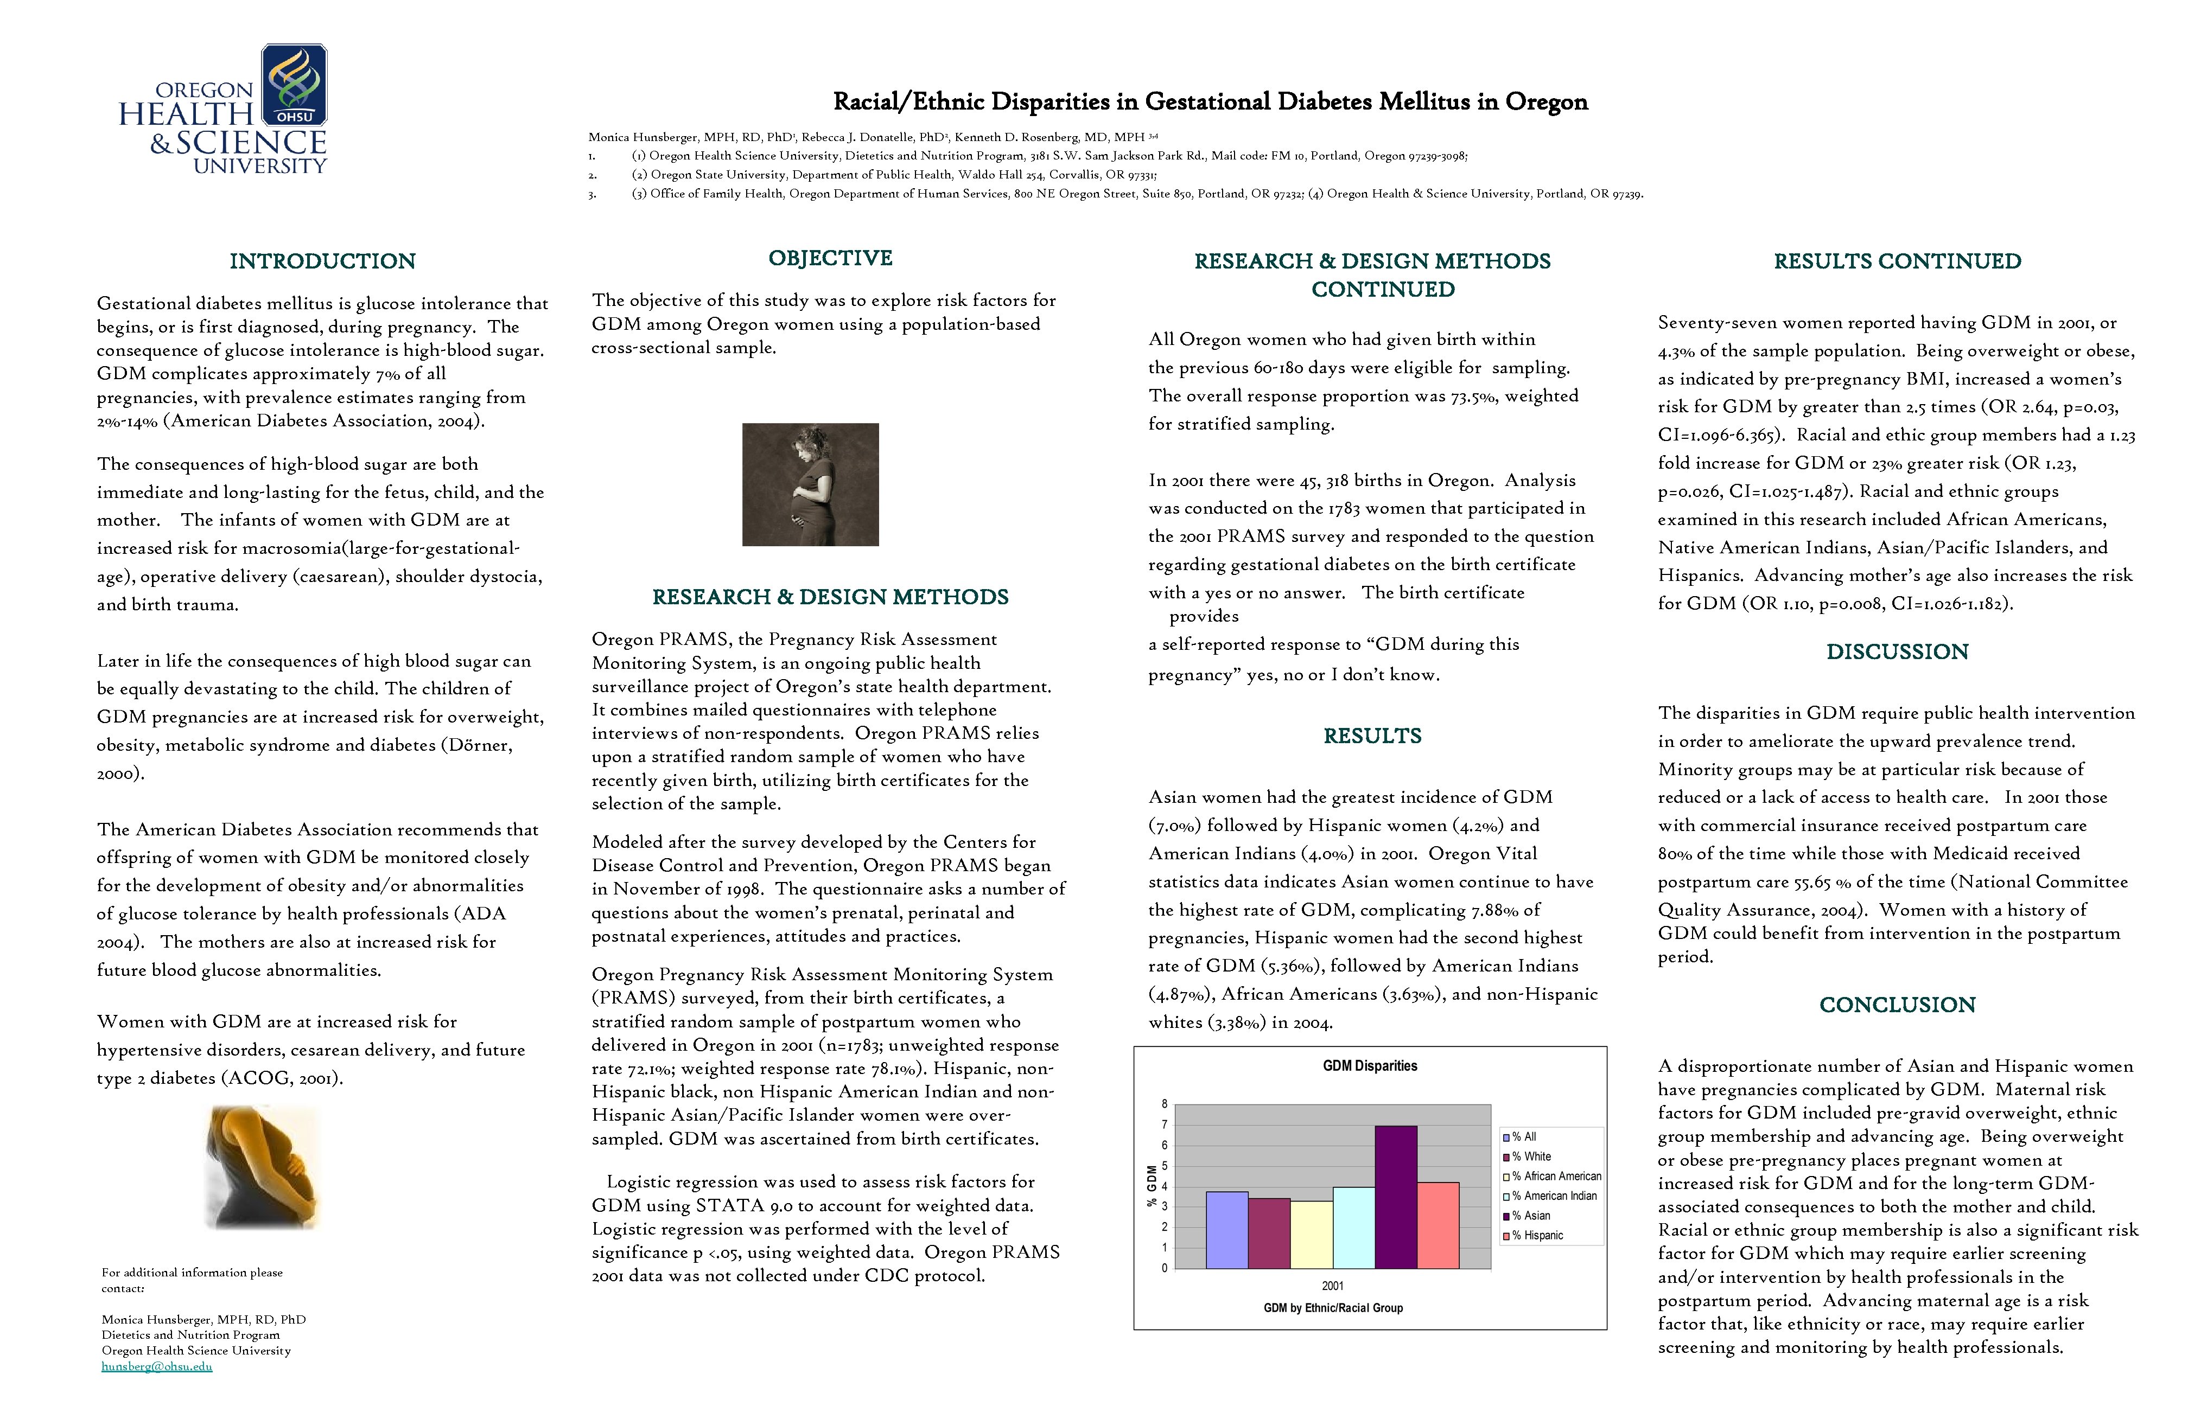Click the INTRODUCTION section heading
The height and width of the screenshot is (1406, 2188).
click(322, 261)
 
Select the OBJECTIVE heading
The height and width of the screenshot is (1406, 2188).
click(830, 258)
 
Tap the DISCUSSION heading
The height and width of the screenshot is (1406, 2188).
click(1897, 652)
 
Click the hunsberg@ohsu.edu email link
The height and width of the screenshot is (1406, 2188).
click(156, 1367)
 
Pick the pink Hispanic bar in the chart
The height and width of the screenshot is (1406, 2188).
click(1438, 1225)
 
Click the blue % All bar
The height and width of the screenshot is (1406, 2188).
click(1226, 1230)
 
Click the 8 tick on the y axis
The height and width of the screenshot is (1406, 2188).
click(1165, 1104)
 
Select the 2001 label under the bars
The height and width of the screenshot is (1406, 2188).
click(1332, 1286)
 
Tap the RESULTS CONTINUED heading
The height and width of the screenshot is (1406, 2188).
click(1897, 261)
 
